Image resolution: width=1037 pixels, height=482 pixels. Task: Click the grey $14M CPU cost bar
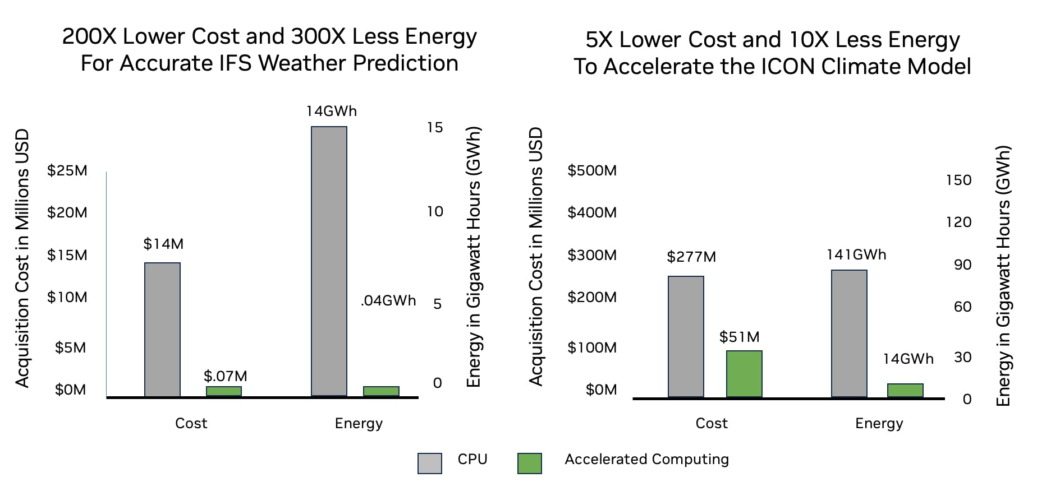(162, 330)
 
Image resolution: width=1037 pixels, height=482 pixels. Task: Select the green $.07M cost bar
(224, 391)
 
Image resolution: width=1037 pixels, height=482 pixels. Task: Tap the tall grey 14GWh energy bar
(329, 261)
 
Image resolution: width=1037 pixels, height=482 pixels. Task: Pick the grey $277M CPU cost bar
(686, 336)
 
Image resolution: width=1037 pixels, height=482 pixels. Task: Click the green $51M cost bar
(744, 374)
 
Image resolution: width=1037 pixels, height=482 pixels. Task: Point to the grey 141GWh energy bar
(849, 333)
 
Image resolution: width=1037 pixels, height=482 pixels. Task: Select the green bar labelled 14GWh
(905, 390)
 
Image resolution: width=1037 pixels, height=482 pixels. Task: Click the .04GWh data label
(388, 301)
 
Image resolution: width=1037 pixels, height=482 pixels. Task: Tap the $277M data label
(691, 257)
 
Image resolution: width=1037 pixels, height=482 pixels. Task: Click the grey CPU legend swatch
(430, 464)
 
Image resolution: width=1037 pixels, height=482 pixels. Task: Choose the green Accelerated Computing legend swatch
(530, 464)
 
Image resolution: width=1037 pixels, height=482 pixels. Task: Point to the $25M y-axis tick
(67, 170)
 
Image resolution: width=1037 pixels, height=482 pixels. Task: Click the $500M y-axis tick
(592, 170)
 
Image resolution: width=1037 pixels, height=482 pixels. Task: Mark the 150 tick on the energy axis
(958, 180)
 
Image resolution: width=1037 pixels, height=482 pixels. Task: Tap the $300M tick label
(592, 255)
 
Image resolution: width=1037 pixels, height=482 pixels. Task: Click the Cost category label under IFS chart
(191, 423)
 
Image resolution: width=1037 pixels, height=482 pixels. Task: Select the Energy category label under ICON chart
(879, 423)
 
